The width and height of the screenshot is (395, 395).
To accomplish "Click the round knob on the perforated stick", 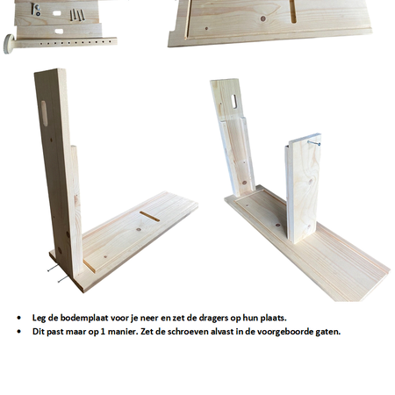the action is (9, 44).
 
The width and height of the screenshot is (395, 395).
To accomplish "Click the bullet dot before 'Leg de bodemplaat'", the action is (19, 318).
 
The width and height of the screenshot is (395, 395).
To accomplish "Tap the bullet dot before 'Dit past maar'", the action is (19, 332).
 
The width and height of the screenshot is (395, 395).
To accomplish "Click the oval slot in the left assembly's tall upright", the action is (45, 113).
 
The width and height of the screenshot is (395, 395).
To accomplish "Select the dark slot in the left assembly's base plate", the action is (149, 216).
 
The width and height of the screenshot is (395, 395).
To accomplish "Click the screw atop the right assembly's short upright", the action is (313, 143).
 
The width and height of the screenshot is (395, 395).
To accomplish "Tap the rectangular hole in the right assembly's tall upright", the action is (234, 101).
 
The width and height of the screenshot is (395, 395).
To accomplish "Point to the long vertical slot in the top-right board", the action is (293, 11).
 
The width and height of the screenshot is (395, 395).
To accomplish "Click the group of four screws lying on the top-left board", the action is (77, 15).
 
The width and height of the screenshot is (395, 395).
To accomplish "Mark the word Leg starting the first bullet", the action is (39, 319).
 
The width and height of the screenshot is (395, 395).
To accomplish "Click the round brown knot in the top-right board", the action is (263, 19).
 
